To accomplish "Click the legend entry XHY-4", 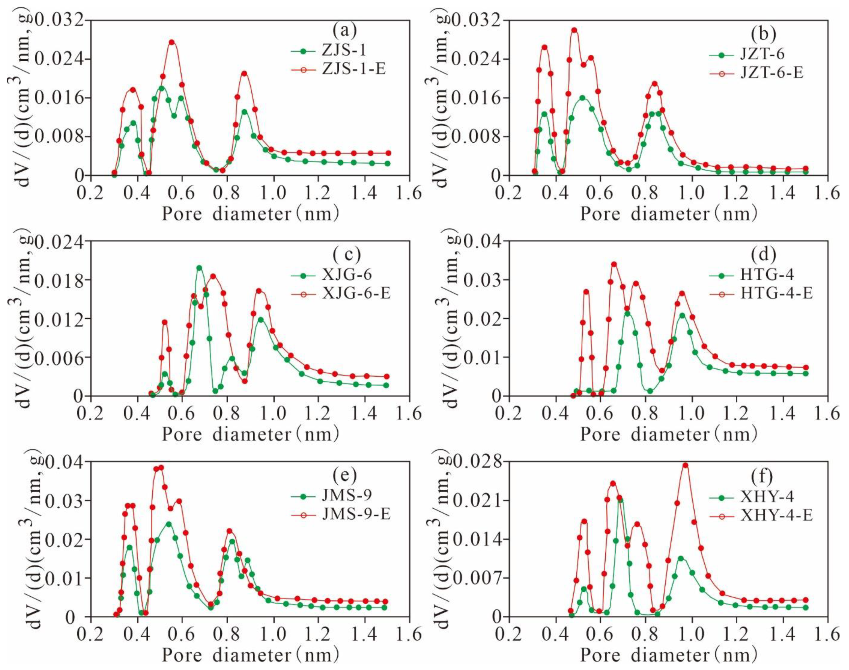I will tap(766, 497).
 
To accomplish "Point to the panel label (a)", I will tap(344, 30).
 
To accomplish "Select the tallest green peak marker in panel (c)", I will tap(199, 268).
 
